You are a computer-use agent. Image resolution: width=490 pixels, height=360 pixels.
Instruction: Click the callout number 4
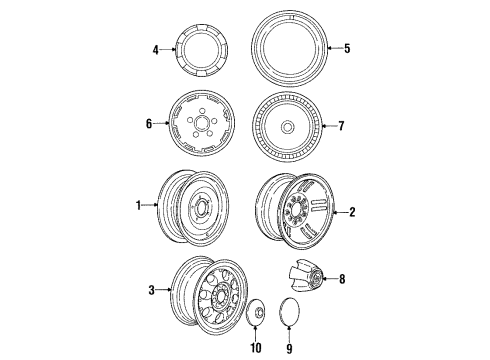pyautogui.click(x=156, y=47)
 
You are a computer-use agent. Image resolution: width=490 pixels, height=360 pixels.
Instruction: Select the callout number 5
pyautogui.click(x=347, y=47)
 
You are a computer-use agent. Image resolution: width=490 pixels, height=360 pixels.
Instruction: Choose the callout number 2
pyautogui.click(x=351, y=212)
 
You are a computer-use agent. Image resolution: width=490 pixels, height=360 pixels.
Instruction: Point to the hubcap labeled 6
pyautogui.click(x=203, y=125)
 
